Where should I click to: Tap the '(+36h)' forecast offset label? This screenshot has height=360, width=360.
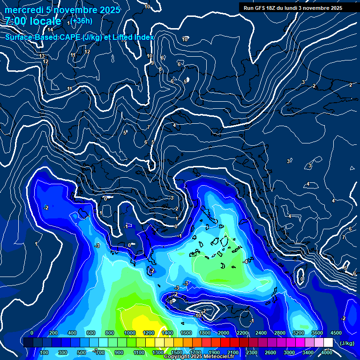click(x=82, y=21)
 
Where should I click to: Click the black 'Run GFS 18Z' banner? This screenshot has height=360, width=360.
click(x=293, y=7)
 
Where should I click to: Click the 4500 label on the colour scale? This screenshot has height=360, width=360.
click(x=336, y=333)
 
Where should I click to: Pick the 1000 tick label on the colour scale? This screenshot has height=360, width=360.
click(x=130, y=333)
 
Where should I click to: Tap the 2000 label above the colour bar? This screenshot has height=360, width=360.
click(x=224, y=333)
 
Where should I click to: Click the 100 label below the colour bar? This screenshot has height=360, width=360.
click(x=44, y=352)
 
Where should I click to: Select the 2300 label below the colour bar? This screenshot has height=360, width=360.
click(x=252, y=352)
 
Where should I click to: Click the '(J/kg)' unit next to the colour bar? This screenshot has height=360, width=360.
click(x=346, y=344)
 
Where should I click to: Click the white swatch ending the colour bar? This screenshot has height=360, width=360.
click(x=328, y=343)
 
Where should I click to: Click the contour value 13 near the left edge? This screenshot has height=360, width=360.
click(x=42, y=56)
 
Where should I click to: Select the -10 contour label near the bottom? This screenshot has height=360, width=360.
click(x=198, y=315)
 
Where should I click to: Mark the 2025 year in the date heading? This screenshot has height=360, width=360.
click(x=106, y=10)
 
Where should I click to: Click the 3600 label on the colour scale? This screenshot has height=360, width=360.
click(x=317, y=333)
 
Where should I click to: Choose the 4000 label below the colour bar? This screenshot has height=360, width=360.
click(x=327, y=352)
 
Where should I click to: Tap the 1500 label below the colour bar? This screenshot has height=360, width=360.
click(x=177, y=352)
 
